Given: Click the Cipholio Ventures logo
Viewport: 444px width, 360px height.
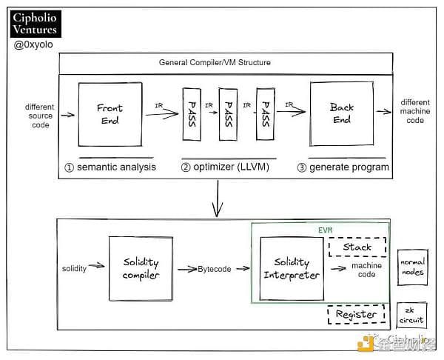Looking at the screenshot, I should click(36, 24).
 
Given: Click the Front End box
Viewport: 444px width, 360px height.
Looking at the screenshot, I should click(110, 114).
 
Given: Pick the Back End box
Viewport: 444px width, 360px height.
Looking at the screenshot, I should click(342, 114).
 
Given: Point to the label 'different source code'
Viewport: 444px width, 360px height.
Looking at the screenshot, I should click(38, 116).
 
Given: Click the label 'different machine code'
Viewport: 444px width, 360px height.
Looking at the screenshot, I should click(414, 111).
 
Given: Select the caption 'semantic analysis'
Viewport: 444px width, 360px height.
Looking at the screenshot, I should click(111, 167).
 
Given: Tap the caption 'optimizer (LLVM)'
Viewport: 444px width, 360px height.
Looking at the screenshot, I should click(225, 167).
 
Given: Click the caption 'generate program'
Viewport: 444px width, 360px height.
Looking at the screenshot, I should click(345, 167).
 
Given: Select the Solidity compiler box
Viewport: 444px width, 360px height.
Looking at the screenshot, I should click(141, 268).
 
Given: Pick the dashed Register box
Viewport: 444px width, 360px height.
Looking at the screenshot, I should click(356, 314).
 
